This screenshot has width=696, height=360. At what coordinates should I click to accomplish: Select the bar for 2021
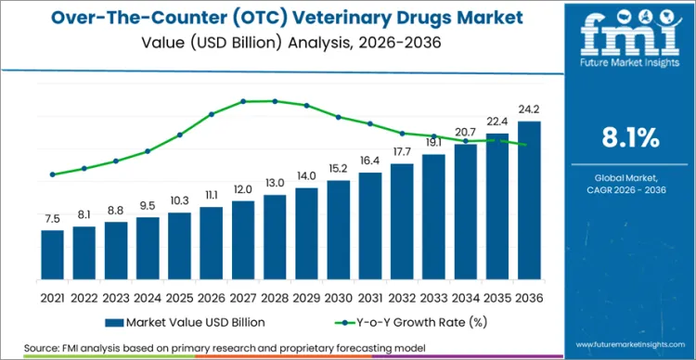(x=52, y=257)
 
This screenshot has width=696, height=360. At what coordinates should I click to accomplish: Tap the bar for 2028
(x=274, y=239)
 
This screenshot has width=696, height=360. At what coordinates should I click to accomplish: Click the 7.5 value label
(x=52, y=219)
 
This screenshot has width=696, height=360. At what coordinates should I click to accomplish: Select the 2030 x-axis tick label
(x=338, y=298)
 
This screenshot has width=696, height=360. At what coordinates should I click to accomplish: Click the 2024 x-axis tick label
(x=148, y=298)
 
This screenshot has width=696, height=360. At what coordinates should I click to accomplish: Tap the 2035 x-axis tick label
(x=496, y=298)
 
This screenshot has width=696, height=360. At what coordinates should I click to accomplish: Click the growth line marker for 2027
(x=243, y=101)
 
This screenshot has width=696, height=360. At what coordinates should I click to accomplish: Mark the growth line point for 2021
(x=52, y=174)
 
